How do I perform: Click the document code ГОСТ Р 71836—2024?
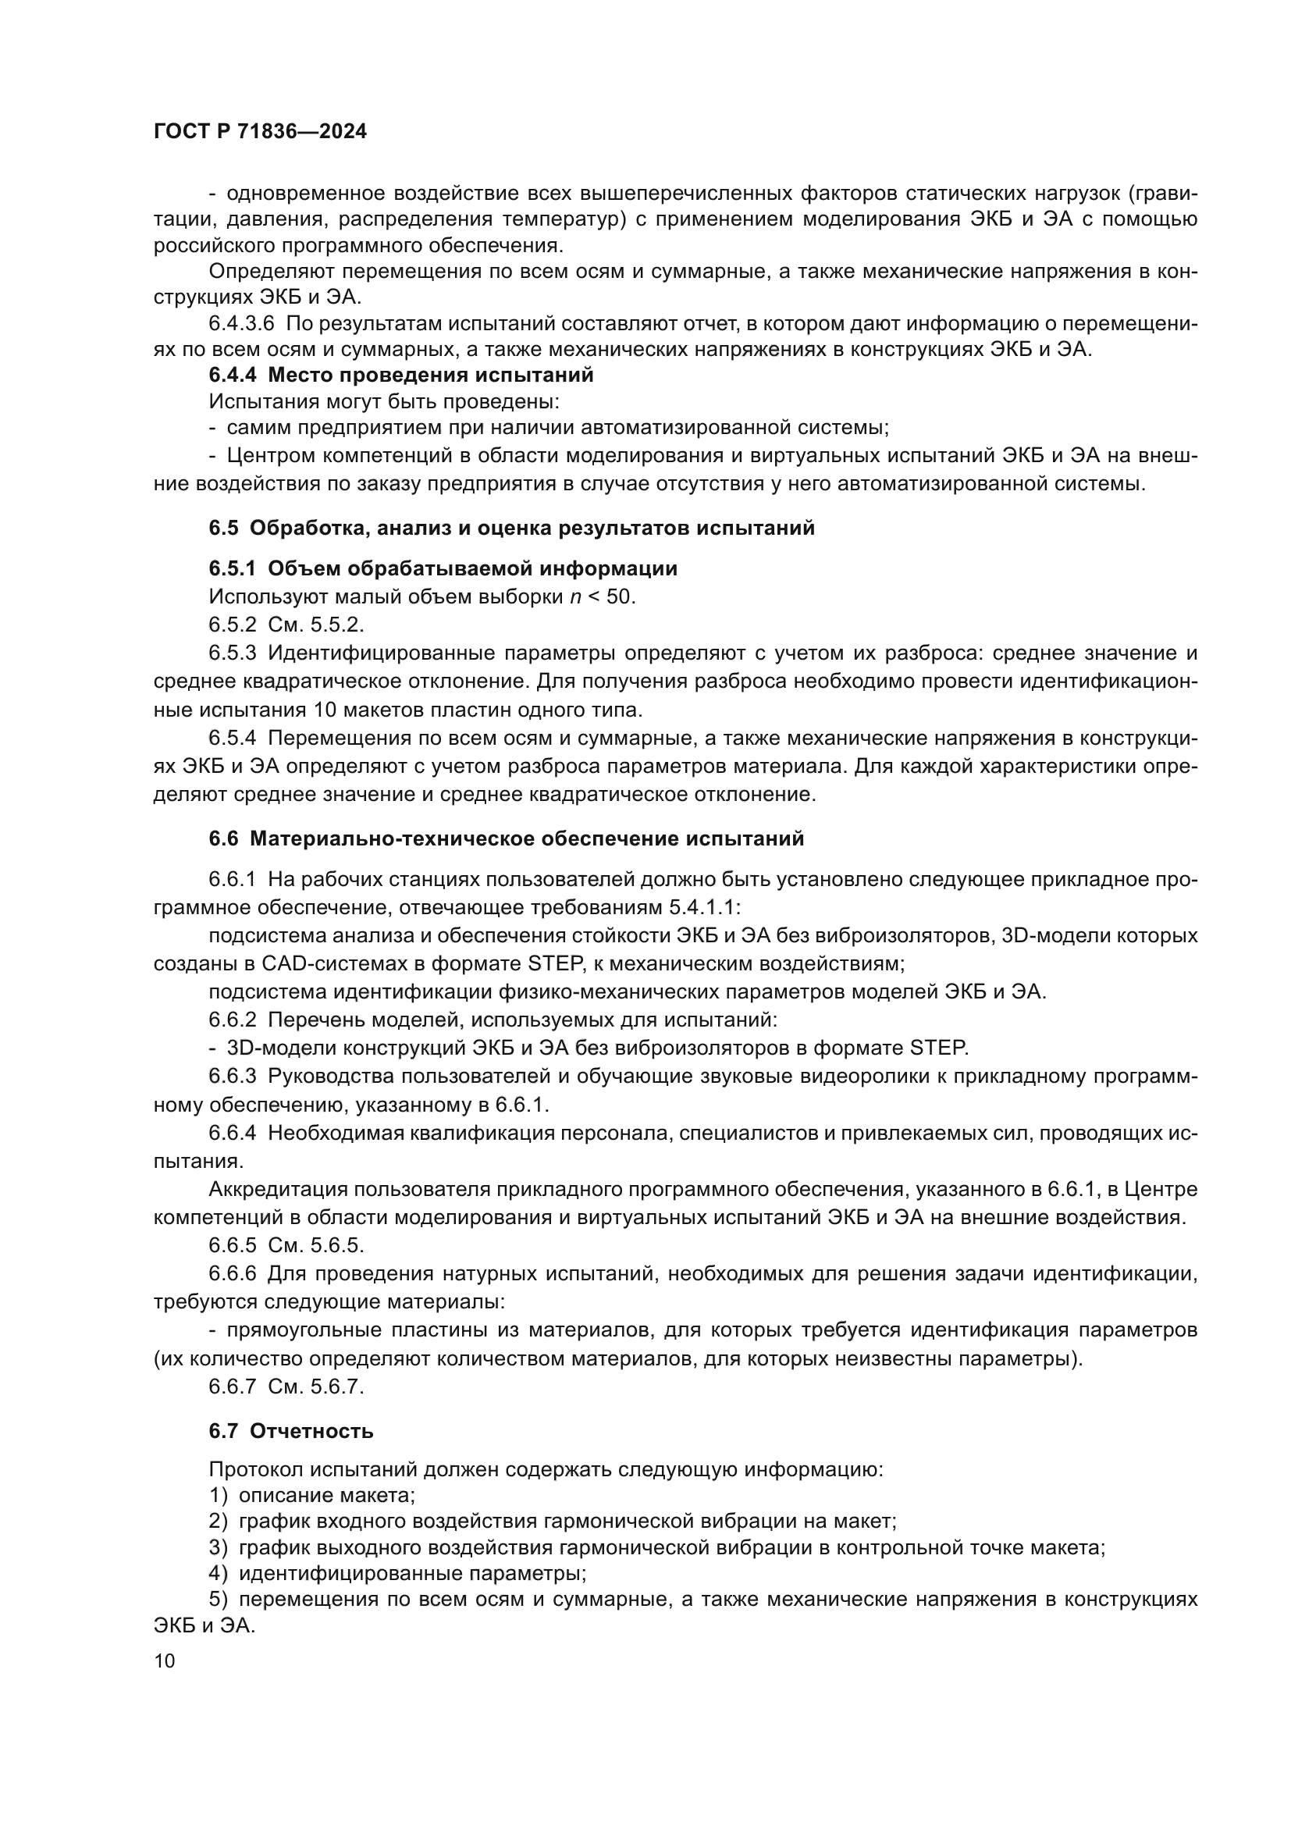click(260, 132)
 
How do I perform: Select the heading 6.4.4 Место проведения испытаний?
click(400, 375)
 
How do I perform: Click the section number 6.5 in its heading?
click(223, 528)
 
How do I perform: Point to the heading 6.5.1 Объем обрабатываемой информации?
click(443, 568)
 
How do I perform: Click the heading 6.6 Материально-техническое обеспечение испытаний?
click(506, 838)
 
